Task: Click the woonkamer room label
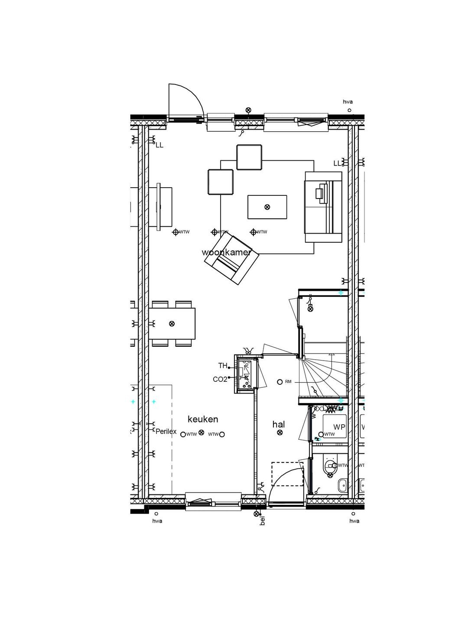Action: coord(226,252)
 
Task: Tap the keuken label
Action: coord(203,419)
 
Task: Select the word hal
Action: coord(278,424)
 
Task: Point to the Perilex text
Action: coord(166,432)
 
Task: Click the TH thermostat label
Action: coord(222,366)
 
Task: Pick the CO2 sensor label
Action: coord(220,379)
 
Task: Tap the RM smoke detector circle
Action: coord(280,382)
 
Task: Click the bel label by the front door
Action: coord(262,520)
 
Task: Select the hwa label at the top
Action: coord(348,102)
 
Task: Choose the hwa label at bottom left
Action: coord(157,521)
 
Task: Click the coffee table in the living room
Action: coord(267,207)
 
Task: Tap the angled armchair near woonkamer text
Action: coord(232,260)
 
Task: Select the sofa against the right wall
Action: coord(323,207)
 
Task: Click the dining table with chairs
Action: coord(172,323)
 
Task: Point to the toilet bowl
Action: coord(330,467)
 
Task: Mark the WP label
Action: coord(339,427)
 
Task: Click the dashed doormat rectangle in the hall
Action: coord(287,474)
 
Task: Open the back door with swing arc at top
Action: coord(184,102)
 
